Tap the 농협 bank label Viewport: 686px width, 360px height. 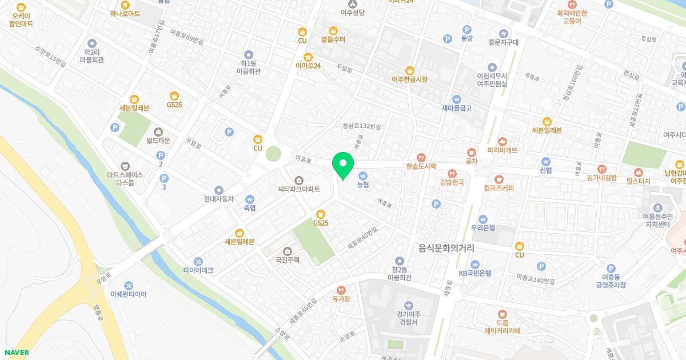[363, 184]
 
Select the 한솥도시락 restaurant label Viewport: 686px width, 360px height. [421, 166]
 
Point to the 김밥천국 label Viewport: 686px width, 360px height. [452, 182]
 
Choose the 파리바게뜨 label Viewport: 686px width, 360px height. [502, 150]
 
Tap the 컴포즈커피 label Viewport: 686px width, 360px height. [498, 187]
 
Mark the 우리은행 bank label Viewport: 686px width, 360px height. [482, 227]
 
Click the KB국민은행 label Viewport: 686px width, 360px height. [474, 273]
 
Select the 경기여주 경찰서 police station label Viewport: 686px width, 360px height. [408, 318]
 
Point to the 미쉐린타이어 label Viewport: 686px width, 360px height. [129, 294]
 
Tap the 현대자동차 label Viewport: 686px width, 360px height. [218, 198]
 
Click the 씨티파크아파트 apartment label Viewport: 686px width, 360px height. [298, 187]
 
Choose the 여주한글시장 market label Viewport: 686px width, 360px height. [409, 79]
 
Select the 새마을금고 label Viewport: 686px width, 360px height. [456, 107]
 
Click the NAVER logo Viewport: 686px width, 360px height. [15, 353]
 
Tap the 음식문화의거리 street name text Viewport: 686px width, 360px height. [446, 247]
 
